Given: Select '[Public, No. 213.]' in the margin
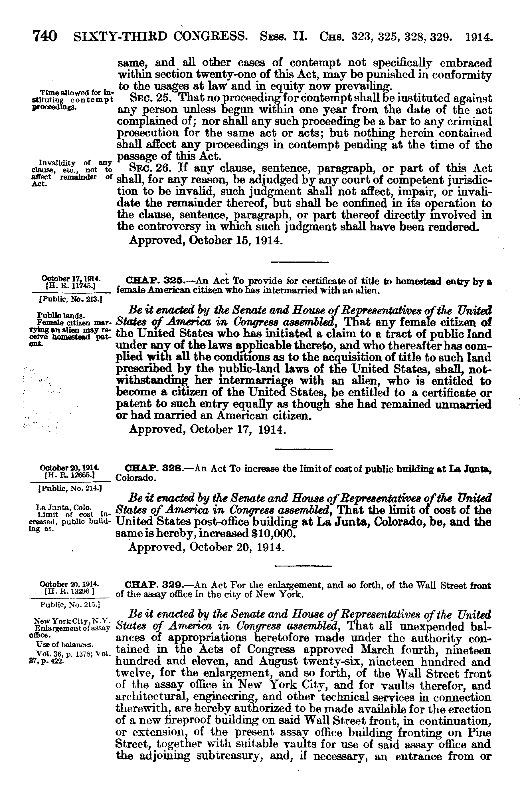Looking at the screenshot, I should (x=71, y=300).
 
